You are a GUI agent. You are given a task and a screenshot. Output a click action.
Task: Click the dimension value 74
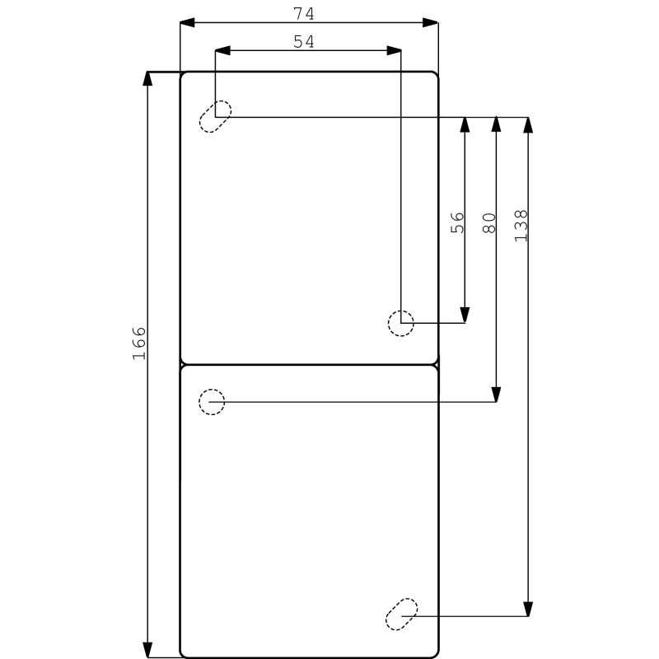tap(304, 13)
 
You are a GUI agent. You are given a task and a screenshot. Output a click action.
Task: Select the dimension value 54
tap(304, 41)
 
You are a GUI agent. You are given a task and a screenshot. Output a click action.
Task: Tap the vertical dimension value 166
tap(138, 343)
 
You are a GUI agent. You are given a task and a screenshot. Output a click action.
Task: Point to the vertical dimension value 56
tap(458, 222)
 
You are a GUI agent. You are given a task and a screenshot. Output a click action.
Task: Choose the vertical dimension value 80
tap(489, 222)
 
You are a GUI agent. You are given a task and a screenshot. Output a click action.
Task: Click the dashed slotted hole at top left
tap(216, 116)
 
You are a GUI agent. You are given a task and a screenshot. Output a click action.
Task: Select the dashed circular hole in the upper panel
tap(400, 323)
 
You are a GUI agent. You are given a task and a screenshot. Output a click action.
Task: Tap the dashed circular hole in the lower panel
tap(212, 401)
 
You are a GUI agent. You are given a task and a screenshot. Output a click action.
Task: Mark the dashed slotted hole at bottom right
tap(402, 615)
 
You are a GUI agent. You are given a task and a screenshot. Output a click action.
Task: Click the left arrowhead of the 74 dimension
tap(187, 23)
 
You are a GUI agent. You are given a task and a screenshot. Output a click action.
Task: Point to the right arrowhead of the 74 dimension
tap(432, 23)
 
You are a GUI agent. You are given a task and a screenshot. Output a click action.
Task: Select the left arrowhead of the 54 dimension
tap(222, 51)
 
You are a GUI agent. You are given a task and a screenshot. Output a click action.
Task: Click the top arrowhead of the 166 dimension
tap(148, 79)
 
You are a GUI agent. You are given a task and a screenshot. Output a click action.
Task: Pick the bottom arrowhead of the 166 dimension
tap(148, 651)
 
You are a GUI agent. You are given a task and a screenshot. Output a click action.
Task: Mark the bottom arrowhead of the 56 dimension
tap(465, 315)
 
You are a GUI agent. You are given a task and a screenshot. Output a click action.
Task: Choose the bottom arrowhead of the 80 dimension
tap(496, 394)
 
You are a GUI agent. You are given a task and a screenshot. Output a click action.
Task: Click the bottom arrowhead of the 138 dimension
tap(528, 608)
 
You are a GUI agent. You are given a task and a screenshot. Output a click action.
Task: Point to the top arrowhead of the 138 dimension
tap(528, 125)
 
